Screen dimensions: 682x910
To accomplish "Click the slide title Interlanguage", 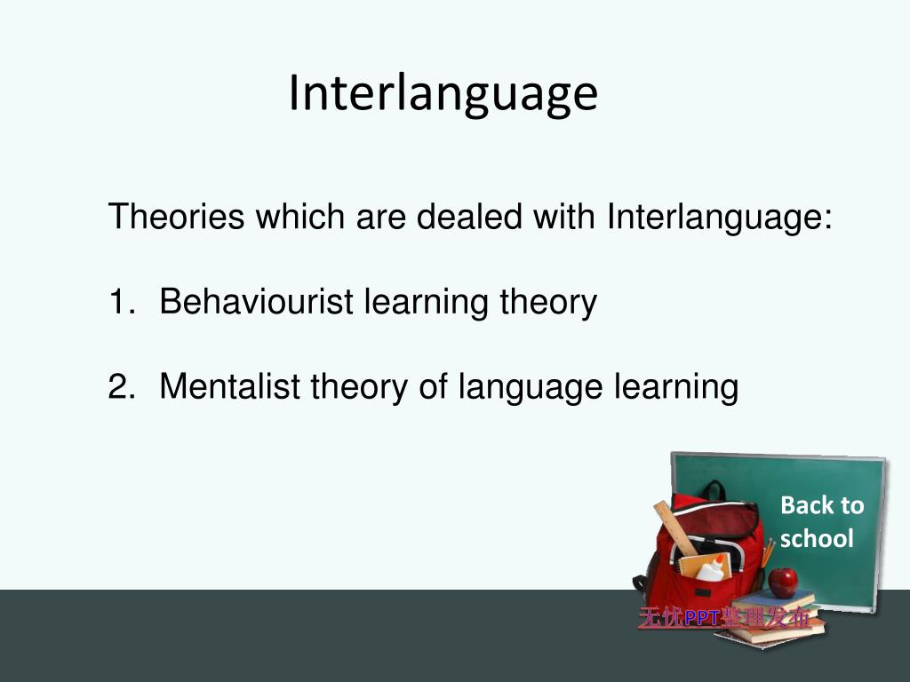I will tap(443, 93).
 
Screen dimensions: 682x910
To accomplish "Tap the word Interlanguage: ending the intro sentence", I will tap(720, 217).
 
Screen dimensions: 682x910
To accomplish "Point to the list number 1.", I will tap(120, 303).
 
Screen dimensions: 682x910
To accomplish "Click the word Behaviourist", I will tap(259, 303).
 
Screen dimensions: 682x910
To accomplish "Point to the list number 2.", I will tap(120, 387).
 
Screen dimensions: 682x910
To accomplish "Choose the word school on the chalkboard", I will tap(817, 538).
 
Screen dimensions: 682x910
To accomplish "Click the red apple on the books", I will tap(783, 583).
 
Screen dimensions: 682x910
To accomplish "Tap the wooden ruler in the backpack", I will tap(675, 527).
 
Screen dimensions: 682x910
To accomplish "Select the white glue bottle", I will tap(710, 568).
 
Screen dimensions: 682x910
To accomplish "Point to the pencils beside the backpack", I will tap(768, 551).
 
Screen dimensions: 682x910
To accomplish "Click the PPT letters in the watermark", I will tap(701, 618).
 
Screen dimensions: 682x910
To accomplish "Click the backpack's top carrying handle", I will tap(712, 490).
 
